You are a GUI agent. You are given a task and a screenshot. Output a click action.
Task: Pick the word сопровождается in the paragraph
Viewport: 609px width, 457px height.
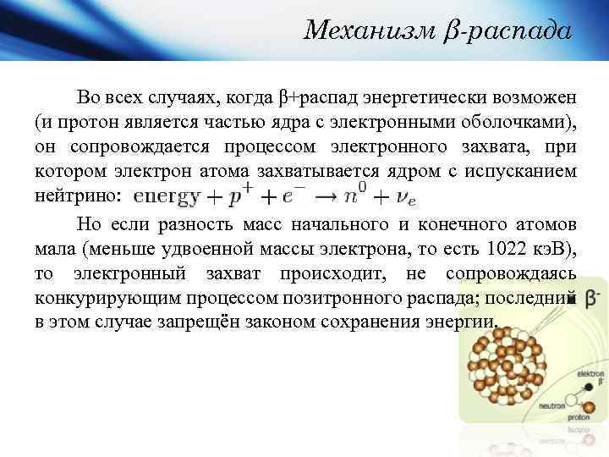[x=171, y=146]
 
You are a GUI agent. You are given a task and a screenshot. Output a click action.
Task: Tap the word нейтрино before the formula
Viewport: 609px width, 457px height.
[x=78, y=196]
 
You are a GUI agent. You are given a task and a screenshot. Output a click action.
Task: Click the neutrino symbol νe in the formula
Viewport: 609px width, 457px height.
[x=406, y=197]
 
